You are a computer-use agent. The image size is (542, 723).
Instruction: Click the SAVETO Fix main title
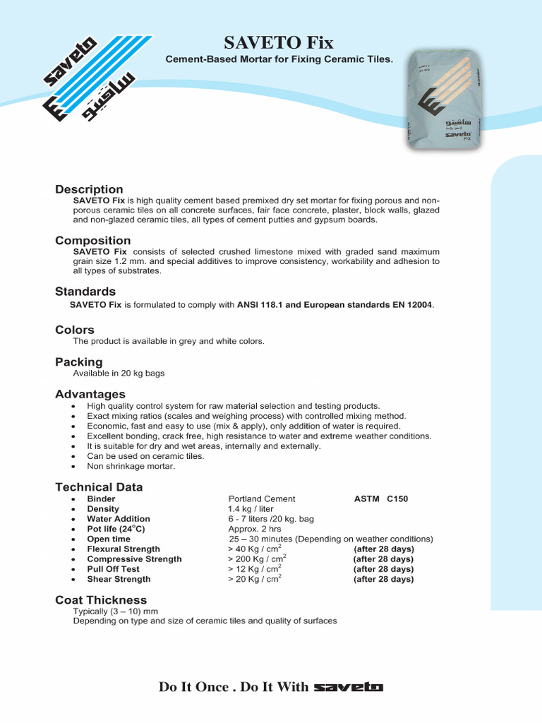pyautogui.click(x=279, y=42)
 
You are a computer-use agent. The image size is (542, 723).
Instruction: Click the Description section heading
pyautogui.click(x=89, y=189)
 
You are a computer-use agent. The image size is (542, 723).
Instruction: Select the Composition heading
pyautogui.click(x=93, y=241)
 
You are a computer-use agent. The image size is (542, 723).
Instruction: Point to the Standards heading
pyautogui.click(x=85, y=292)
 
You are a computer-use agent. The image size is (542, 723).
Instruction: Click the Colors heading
pyautogui.click(x=75, y=330)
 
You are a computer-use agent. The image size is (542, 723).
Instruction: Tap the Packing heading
pyautogui.click(x=79, y=362)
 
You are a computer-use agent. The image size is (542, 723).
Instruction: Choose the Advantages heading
pyautogui.click(x=90, y=394)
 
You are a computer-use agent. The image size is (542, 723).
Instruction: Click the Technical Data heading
pyautogui.click(x=99, y=487)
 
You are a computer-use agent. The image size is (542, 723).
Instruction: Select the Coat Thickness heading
pyautogui.click(x=101, y=600)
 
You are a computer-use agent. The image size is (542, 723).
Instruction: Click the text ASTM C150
pyautogui.click(x=380, y=499)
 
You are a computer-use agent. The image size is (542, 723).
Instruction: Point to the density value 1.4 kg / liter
pyautogui.click(x=251, y=509)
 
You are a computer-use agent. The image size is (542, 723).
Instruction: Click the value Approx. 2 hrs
pyautogui.click(x=255, y=529)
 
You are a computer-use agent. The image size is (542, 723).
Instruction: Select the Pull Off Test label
pyautogui.click(x=113, y=569)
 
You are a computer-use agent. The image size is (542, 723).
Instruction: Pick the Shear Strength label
pyautogui.click(x=119, y=579)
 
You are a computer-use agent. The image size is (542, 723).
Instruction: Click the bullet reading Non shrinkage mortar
pyautogui.click(x=131, y=466)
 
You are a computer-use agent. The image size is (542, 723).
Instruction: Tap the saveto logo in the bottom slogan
pyautogui.click(x=349, y=687)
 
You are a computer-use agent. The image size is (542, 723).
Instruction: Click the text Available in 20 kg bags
pyautogui.click(x=119, y=373)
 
